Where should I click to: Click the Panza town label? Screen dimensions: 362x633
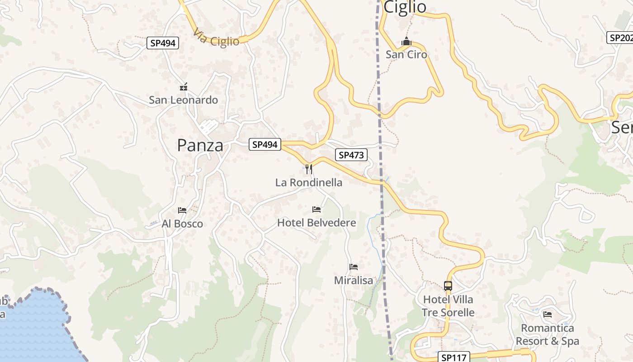coord(200,145)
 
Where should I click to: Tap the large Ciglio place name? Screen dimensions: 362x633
coord(405,7)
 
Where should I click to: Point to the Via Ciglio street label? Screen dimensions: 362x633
coord(216,38)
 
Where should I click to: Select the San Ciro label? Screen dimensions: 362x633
coord(406,54)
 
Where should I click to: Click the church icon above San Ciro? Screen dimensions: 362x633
coord(406,42)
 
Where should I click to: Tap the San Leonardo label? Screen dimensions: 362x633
coord(183,100)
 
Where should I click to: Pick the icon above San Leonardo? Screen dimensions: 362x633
coord(183,86)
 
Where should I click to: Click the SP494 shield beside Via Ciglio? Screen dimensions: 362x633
coord(163,43)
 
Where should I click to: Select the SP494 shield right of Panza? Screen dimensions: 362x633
coord(265,144)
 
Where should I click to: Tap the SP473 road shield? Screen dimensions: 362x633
coord(351,155)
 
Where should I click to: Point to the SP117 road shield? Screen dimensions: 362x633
coord(453,357)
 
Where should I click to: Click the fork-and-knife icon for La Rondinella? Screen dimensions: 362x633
coord(309,169)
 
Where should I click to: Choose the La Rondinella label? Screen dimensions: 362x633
coord(309,182)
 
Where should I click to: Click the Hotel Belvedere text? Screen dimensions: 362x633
coord(316,223)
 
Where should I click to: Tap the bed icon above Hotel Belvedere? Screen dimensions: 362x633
coord(316,210)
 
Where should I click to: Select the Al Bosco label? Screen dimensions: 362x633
coord(182,224)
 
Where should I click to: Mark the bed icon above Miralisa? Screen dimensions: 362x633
coord(354,267)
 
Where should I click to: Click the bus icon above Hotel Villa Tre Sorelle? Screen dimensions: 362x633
coord(448,286)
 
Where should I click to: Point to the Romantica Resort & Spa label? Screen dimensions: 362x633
coord(547,334)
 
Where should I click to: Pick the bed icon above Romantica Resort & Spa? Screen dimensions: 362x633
coord(548,314)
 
